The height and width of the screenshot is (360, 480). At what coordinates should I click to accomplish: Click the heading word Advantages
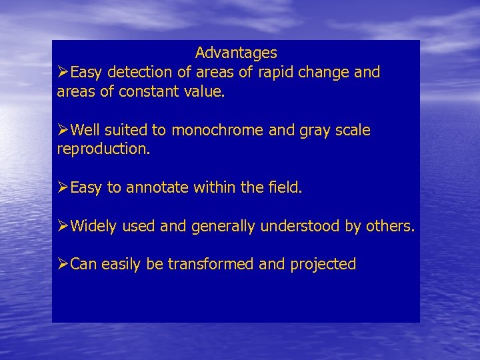(236, 52)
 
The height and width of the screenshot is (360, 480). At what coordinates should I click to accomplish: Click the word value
(203, 91)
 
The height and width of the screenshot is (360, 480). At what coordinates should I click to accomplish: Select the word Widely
(94, 227)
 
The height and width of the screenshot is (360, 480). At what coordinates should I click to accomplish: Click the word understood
(300, 227)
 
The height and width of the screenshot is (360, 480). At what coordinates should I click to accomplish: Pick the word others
(389, 227)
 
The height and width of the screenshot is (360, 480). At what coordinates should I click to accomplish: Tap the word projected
(323, 265)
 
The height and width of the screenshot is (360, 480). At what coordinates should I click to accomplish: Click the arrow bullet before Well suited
(63, 131)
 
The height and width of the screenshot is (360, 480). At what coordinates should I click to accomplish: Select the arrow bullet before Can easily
(63, 265)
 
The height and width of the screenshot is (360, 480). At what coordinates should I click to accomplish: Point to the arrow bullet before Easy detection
(63, 72)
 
